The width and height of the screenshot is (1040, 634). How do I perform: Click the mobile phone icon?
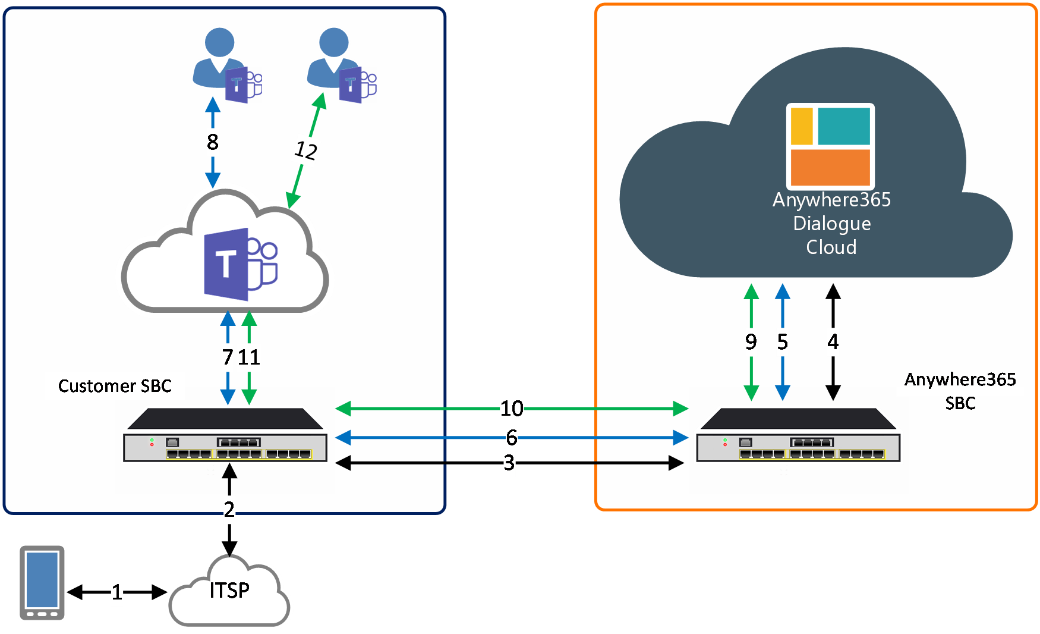pyautogui.click(x=42, y=583)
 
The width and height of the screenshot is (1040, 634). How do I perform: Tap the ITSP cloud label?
pyautogui.click(x=229, y=590)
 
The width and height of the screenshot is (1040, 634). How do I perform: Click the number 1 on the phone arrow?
pyautogui.click(x=117, y=592)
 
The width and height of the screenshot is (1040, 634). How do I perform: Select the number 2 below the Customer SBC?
pyautogui.click(x=229, y=510)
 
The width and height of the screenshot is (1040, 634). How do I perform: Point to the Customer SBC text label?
pyautogui.click(x=115, y=386)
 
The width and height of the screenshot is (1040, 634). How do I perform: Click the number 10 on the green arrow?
pyautogui.click(x=512, y=409)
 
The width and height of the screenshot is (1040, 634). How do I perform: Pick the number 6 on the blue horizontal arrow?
pyautogui.click(x=512, y=438)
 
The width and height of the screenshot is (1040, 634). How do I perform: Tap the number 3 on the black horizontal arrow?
pyautogui.click(x=509, y=463)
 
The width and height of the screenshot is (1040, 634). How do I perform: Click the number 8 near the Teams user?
pyautogui.click(x=213, y=142)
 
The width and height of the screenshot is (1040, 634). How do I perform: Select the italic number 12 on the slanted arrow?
pyautogui.click(x=306, y=150)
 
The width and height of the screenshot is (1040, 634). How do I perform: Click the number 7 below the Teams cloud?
pyautogui.click(x=228, y=357)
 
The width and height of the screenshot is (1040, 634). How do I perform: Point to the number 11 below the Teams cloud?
pyautogui.click(x=249, y=357)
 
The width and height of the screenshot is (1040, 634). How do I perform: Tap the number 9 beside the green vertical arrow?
pyautogui.click(x=751, y=342)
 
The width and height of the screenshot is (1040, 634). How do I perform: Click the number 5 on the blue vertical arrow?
pyautogui.click(x=783, y=342)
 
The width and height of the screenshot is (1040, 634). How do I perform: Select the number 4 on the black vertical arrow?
pyautogui.click(x=833, y=342)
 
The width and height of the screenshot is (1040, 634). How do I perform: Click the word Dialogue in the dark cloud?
pyautogui.click(x=832, y=224)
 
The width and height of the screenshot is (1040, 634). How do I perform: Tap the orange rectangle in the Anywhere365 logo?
pyautogui.click(x=830, y=168)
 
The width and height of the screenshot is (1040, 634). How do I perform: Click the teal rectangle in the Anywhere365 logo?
pyautogui.click(x=844, y=126)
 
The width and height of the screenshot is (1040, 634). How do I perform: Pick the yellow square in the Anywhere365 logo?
pyautogui.click(x=802, y=126)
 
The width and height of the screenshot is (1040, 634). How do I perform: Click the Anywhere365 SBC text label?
pyautogui.click(x=960, y=391)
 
